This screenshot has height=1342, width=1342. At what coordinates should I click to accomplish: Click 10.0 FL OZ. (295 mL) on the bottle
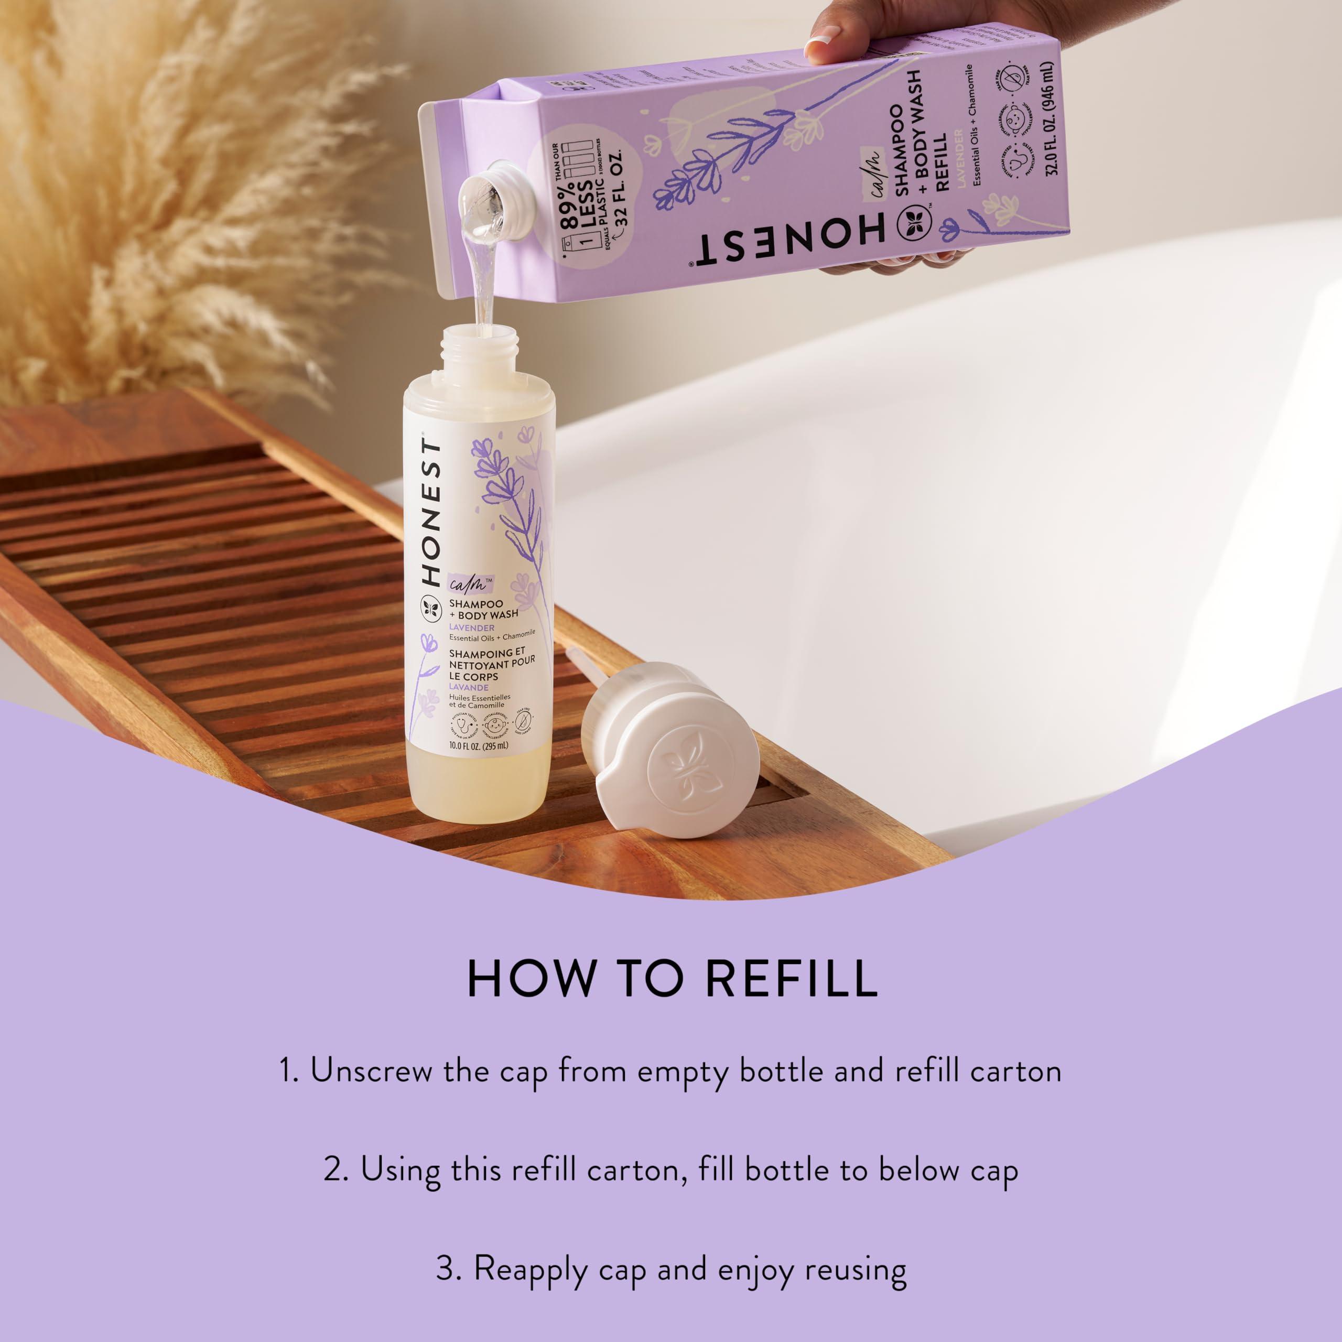(x=478, y=746)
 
